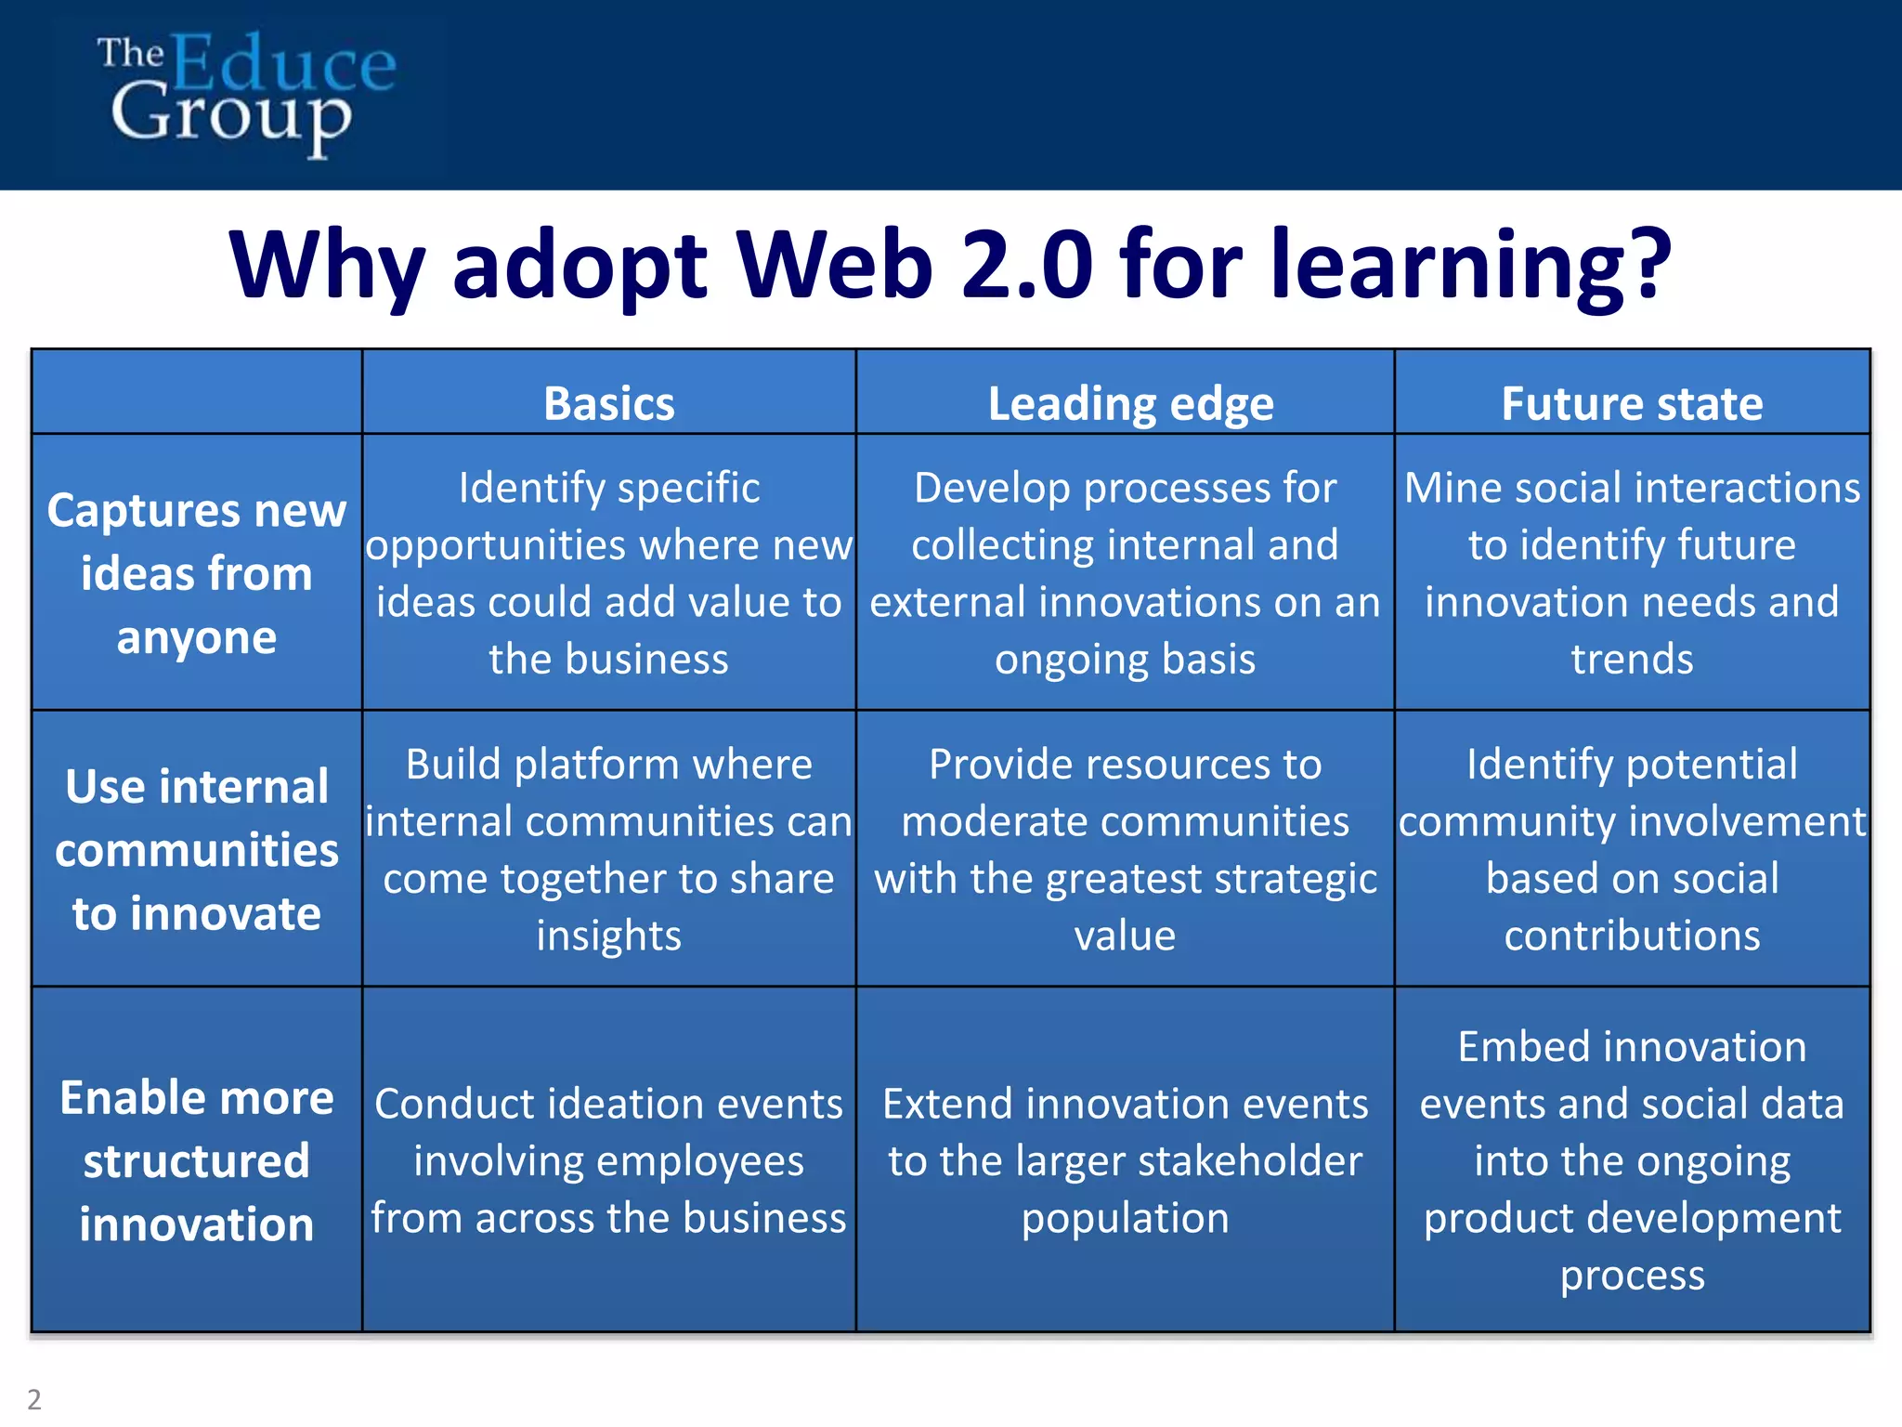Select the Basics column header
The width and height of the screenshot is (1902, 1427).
(x=608, y=403)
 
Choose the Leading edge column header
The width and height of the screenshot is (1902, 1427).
(x=1130, y=403)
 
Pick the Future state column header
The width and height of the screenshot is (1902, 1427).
(x=1632, y=403)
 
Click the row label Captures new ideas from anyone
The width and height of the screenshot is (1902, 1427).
(x=197, y=573)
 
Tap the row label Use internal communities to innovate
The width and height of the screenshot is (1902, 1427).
(x=197, y=849)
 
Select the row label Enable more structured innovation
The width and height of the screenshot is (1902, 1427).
(x=197, y=1160)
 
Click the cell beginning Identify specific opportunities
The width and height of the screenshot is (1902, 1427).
(x=608, y=572)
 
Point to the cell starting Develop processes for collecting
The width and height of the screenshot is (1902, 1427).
(x=1125, y=572)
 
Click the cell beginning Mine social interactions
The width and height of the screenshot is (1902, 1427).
(x=1632, y=572)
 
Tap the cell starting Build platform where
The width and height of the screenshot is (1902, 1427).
(x=608, y=849)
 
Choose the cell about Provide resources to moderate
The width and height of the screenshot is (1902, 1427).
(x=1125, y=849)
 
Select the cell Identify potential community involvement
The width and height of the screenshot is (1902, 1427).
(x=1632, y=849)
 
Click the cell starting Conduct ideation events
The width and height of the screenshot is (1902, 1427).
(x=608, y=1160)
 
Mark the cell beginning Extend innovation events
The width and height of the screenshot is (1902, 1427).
(x=1125, y=1160)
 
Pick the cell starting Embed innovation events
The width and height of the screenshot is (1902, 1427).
(x=1632, y=1160)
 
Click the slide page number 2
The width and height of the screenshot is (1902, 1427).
(x=34, y=1398)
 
